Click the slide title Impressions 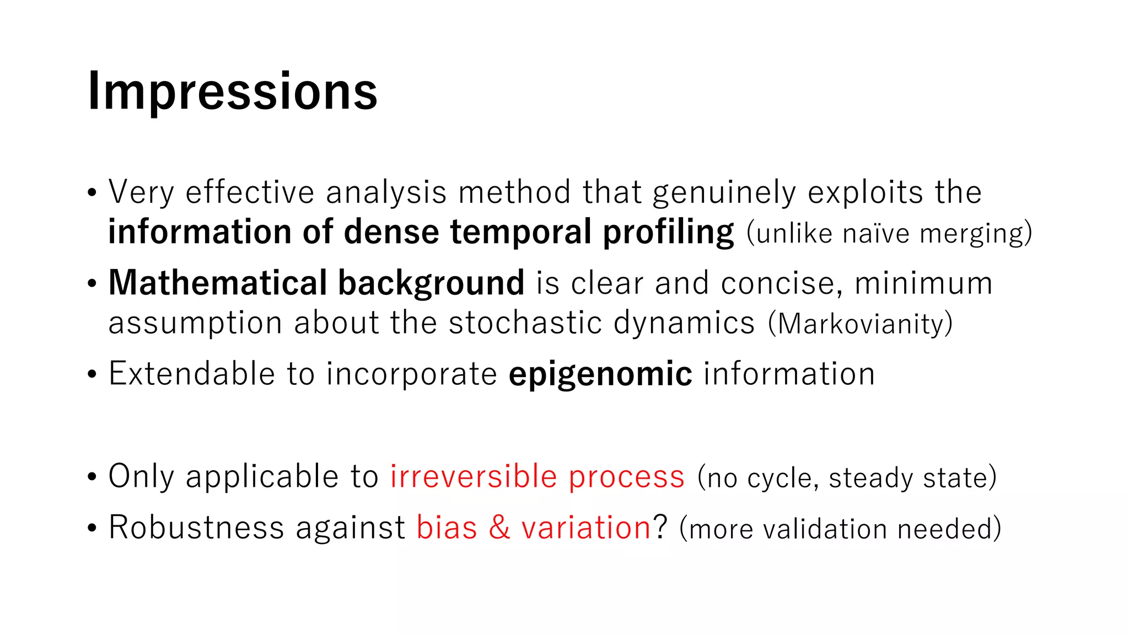coord(232,92)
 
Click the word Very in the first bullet coord(141,192)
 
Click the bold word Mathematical coord(217,283)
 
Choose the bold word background coord(431,283)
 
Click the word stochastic coord(525,322)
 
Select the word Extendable coord(191,374)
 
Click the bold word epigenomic coord(600,374)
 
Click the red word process coord(627,476)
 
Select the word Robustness coord(196,527)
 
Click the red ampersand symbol coord(499,527)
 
